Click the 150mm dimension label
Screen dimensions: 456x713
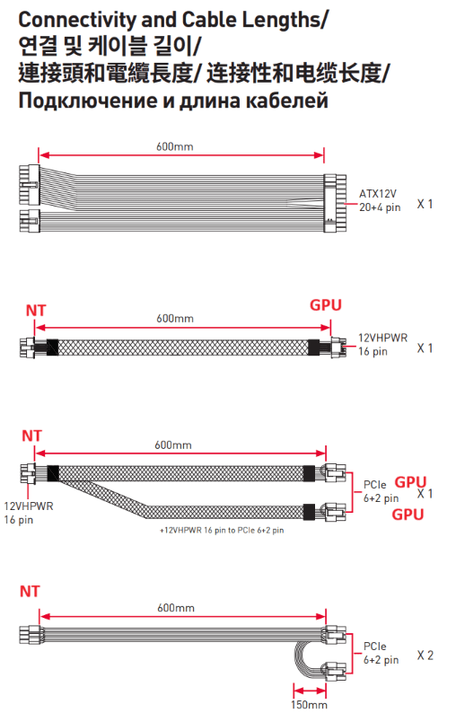point(309,705)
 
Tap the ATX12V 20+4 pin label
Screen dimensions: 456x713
point(380,200)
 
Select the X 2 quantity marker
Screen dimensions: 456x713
point(425,656)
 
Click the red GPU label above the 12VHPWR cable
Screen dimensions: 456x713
point(326,305)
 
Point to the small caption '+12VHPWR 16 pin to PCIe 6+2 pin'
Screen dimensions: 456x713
point(222,530)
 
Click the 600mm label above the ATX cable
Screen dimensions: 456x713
point(174,146)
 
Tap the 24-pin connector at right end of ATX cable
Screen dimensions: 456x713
point(335,203)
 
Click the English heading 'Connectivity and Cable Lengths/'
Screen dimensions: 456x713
point(172,20)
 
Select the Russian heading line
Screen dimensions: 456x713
point(173,100)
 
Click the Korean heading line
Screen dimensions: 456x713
point(110,46)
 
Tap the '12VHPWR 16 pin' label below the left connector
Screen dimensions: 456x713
point(28,513)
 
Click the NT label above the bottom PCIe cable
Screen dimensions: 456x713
point(30,591)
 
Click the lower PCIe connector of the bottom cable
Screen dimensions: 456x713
point(335,671)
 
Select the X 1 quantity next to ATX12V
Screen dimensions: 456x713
point(425,204)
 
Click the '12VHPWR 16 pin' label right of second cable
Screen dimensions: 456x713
point(382,344)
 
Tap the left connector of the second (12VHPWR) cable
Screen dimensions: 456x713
point(27,347)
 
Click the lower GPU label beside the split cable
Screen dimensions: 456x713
point(408,515)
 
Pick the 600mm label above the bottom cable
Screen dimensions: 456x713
point(176,608)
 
